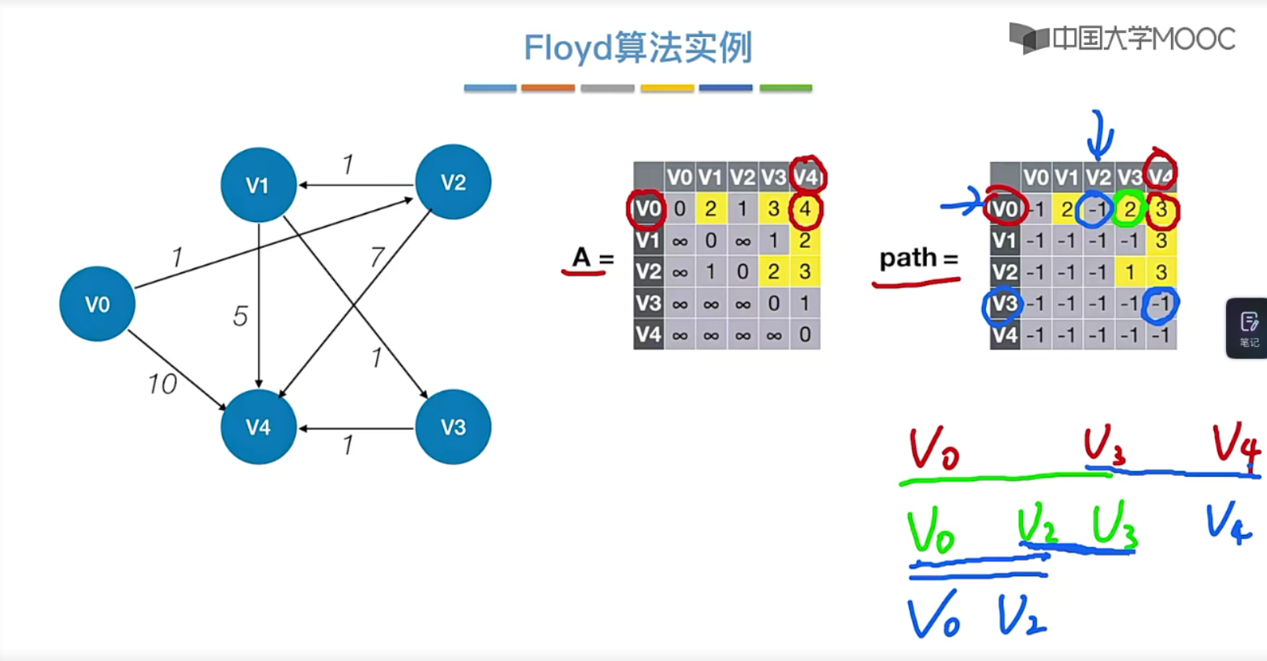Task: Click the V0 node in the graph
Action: [x=98, y=304]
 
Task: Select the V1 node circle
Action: [x=258, y=185]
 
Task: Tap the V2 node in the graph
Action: [x=453, y=182]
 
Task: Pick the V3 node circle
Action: [x=453, y=427]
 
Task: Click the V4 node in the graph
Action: [x=258, y=427]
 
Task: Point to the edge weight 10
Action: [x=162, y=384]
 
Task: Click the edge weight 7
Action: [x=377, y=257]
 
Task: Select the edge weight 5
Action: [x=240, y=316]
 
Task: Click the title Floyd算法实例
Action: [x=638, y=48]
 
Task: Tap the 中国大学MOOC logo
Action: [x=1123, y=38]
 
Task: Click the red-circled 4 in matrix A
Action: [x=805, y=209]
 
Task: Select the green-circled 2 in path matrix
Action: [x=1129, y=209]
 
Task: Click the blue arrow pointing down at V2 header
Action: [x=1100, y=135]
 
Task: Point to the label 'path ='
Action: [x=918, y=258]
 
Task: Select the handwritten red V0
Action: [x=934, y=449]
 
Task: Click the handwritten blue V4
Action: [x=1228, y=522]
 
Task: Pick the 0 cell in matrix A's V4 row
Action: [x=805, y=335]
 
